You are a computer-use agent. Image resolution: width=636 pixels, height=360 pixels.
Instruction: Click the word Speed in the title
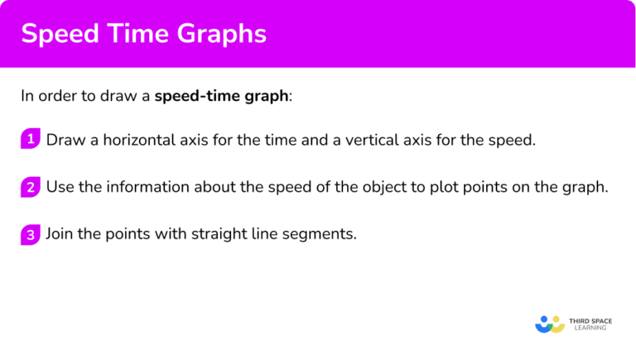(x=59, y=34)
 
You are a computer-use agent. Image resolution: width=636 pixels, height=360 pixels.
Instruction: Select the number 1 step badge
(x=30, y=139)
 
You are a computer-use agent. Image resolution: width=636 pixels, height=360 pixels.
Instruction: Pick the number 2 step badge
(x=30, y=187)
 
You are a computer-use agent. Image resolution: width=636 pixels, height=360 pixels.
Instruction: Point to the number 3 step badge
(x=30, y=234)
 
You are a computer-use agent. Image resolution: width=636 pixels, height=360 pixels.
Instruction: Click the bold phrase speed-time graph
(x=222, y=96)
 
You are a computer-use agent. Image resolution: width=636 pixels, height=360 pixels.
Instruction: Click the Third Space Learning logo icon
(x=549, y=323)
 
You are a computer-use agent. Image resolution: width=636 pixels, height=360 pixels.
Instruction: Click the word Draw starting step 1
(x=63, y=140)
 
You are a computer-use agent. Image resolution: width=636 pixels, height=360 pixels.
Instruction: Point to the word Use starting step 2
(x=60, y=187)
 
